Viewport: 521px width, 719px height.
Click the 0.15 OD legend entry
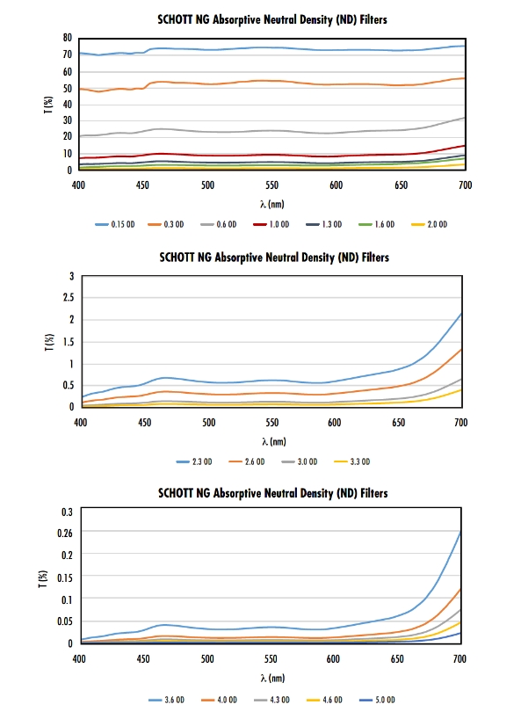tap(115, 224)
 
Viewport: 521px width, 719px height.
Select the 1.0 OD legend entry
tap(271, 224)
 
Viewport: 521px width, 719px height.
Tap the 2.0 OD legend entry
tap(430, 224)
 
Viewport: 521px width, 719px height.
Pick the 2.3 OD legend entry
tap(194, 461)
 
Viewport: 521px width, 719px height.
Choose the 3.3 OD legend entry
tap(352, 461)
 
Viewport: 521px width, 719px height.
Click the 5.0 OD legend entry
tap(377, 700)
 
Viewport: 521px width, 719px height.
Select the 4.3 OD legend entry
tap(271, 700)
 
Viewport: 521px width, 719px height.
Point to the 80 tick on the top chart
tap(68, 38)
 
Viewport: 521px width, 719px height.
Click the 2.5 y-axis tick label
tap(69, 298)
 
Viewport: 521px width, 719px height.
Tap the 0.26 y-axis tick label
tap(65, 533)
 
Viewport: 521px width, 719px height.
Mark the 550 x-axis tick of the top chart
tap(271, 185)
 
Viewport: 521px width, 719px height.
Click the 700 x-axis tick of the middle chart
tap(460, 422)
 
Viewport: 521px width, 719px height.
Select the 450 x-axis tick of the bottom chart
tap(143, 659)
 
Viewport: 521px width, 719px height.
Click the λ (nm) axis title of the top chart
tap(271, 204)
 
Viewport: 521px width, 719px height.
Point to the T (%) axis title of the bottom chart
tap(43, 579)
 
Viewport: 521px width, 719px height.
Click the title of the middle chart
tap(274, 258)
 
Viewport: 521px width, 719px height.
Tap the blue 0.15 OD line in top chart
tap(272, 47)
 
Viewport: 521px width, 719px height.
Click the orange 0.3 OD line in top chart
tap(272, 81)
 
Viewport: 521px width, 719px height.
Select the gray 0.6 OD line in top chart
tap(272, 131)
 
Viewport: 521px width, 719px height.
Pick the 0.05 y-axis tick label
tap(65, 621)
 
